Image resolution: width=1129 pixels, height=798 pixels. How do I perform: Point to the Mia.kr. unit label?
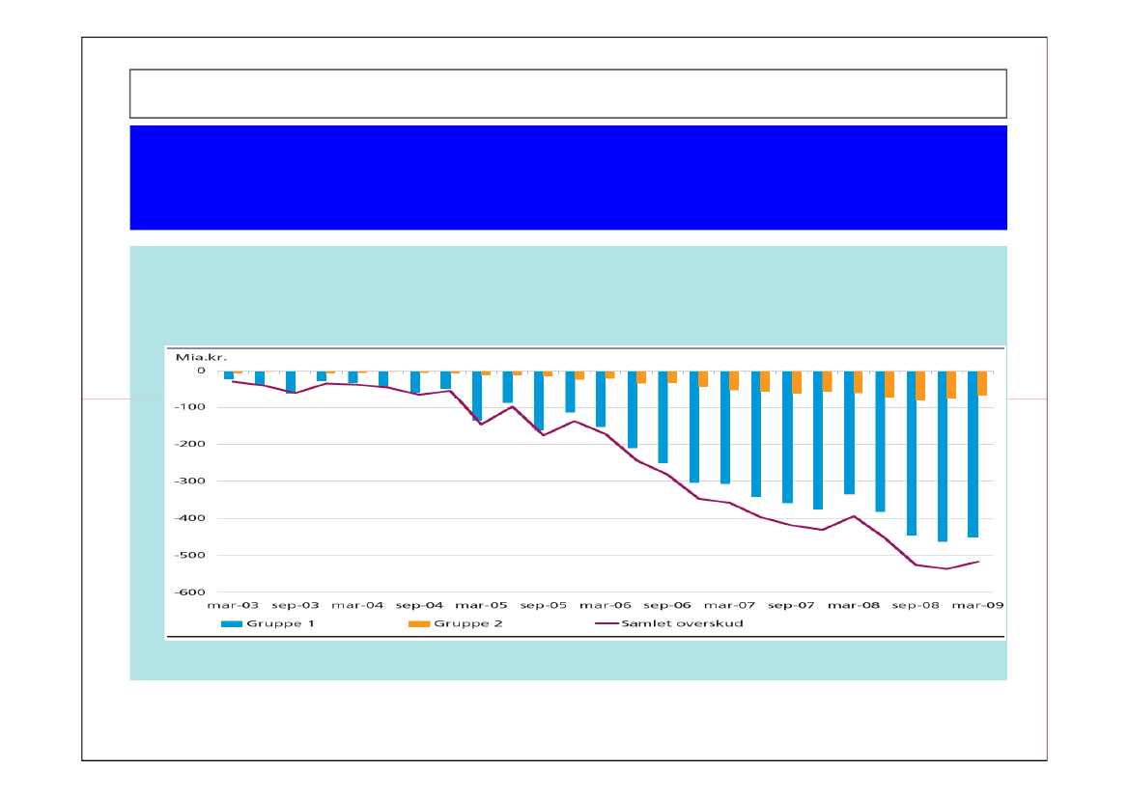195,357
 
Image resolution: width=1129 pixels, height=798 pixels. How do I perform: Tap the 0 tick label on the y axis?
201,371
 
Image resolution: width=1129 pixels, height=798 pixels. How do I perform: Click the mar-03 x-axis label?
233,606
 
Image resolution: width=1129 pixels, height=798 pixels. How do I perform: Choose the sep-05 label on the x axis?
544,606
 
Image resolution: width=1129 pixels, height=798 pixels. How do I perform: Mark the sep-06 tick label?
667,606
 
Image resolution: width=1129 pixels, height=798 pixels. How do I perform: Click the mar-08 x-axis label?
855,606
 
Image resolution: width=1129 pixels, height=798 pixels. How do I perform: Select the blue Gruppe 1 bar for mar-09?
973,454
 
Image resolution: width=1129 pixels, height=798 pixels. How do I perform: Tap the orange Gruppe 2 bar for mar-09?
982,383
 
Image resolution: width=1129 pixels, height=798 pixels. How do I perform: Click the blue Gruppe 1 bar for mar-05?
476,396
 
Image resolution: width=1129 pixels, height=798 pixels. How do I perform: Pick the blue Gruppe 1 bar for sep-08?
911,453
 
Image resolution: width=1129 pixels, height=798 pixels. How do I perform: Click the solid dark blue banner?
568,178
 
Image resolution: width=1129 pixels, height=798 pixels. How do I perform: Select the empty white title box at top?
568,93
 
